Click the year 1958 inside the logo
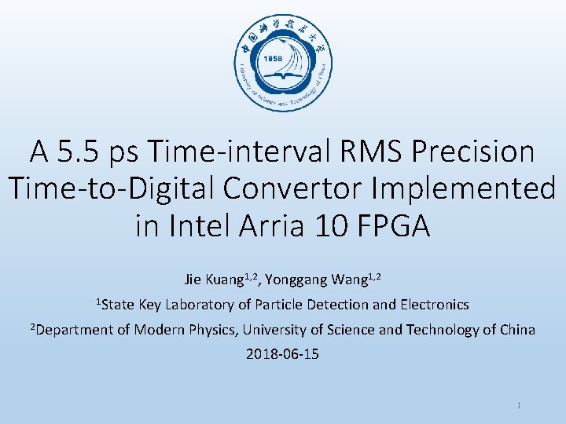pos(273,59)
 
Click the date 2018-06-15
pos(283,354)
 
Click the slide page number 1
pos(520,406)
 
